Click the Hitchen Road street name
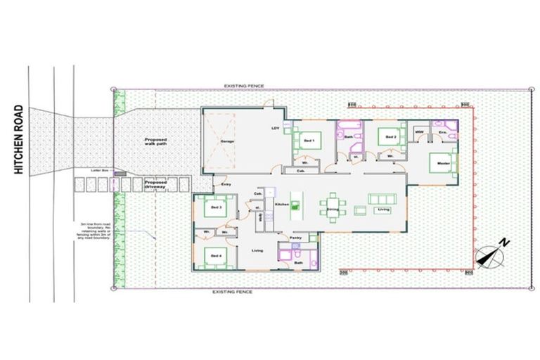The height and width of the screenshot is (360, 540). click(x=18, y=141)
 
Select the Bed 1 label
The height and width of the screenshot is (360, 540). click(x=309, y=141)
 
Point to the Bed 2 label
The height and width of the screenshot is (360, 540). click(x=392, y=136)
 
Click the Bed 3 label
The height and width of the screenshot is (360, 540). click(x=215, y=208)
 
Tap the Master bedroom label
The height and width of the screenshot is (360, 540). click(x=443, y=162)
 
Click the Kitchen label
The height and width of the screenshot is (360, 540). click(x=282, y=205)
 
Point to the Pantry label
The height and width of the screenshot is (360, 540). click(x=296, y=238)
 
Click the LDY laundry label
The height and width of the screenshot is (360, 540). click(x=276, y=128)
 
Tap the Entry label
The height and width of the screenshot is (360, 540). click(x=226, y=184)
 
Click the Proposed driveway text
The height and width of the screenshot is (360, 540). click(x=155, y=185)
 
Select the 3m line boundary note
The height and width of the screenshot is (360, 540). click(x=95, y=231)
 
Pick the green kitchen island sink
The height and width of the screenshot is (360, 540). click(x=296, y=206)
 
